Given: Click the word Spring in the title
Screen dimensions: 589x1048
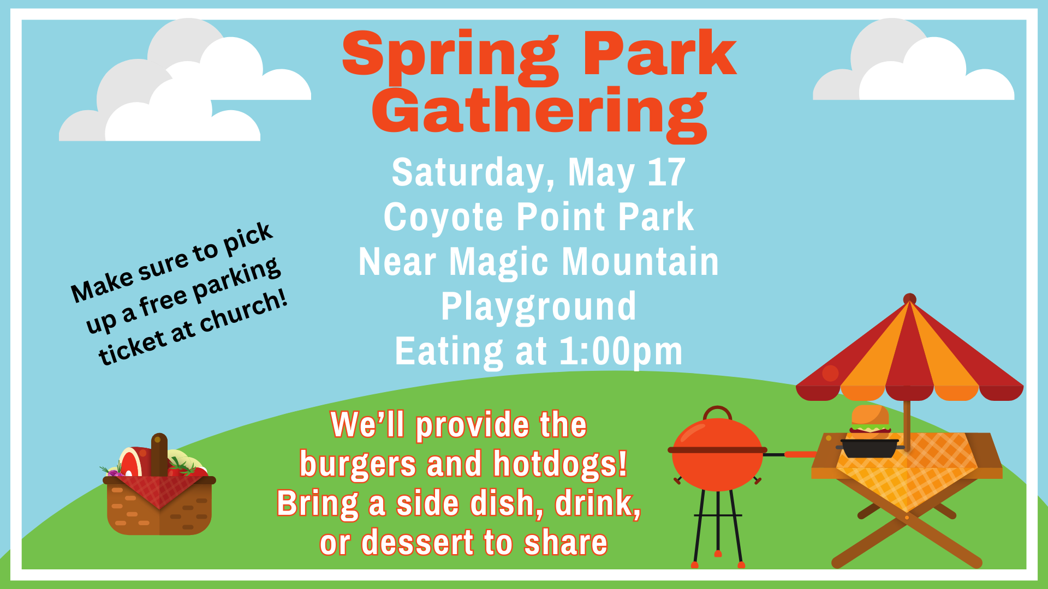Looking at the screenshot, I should click(450, 55).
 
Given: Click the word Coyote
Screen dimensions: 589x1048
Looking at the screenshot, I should click(443, 218).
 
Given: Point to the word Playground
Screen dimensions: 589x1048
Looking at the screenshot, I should click(538, 306).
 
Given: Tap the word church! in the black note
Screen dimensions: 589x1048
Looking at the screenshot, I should click(243, 312).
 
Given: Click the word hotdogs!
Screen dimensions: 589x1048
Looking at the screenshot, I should click(560, 464).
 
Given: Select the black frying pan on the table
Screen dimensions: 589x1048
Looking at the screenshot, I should click(869, 448).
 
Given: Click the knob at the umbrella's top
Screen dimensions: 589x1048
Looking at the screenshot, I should click(909, 299).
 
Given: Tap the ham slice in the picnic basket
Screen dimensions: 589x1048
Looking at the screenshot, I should click(132, 462).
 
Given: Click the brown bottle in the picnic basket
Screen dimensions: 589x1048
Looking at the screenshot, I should click(159, 455).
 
